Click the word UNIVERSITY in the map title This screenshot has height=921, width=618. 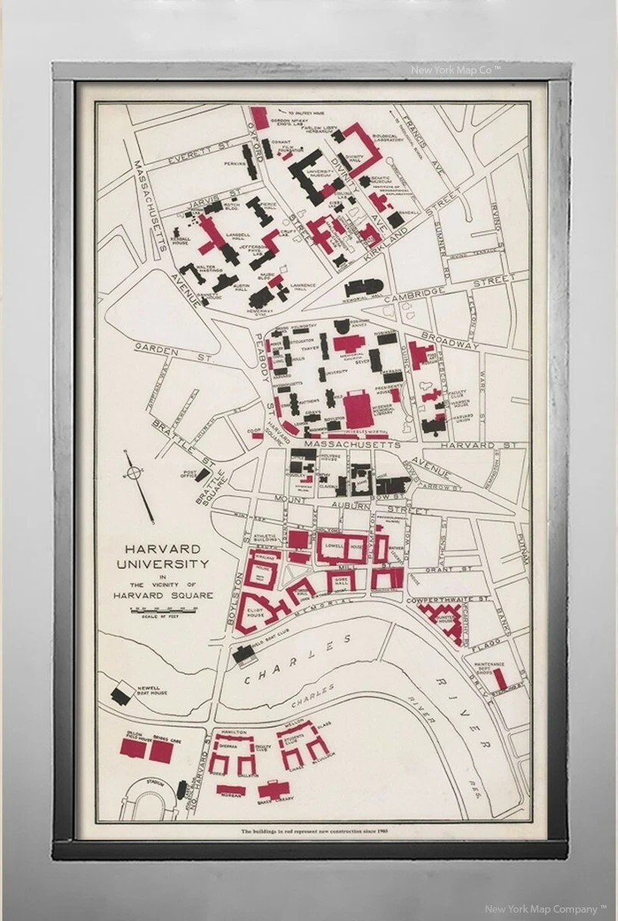[162, 564]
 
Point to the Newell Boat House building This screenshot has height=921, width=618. [121, 695]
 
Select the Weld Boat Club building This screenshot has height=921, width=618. [245, 654]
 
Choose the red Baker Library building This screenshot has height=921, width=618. [271, 790]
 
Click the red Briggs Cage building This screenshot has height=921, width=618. [160, 751]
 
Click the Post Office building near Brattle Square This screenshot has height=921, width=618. [202, 475]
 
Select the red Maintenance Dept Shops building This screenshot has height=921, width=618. [500, 678]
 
